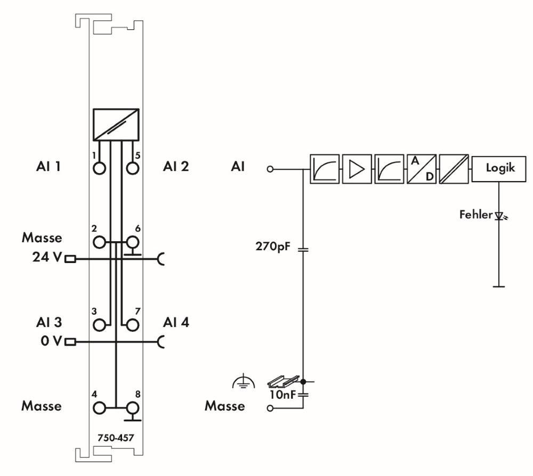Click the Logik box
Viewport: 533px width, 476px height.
499,169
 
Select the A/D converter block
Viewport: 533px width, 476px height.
422,169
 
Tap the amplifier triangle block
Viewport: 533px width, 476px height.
357,169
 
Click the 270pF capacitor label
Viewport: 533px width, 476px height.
273,246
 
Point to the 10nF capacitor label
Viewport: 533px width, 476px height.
282,395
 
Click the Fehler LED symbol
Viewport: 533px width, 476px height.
500,216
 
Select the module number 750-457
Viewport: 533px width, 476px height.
116,438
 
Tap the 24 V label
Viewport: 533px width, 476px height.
47,257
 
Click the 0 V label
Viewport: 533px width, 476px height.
51,341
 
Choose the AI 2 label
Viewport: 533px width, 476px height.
176,166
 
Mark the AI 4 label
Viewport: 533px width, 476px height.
176,322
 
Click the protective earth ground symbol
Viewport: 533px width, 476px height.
244,381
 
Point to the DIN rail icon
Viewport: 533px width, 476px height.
283,381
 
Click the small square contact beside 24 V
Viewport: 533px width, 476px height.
70,259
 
